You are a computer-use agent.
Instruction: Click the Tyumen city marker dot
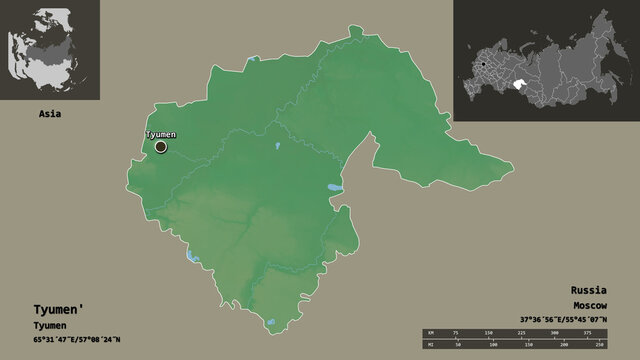[x=161, y=147]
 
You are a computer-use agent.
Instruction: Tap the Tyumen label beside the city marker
[x=161, y=134]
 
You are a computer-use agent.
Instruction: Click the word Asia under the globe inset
[x=49, y=114]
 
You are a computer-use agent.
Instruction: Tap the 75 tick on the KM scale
[x=455, y=330]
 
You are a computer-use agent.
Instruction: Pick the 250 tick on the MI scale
[x=601, y=345]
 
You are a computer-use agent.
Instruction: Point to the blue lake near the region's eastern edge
[x=334, y=188]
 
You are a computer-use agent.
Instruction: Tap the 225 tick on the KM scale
[x=525, y=330]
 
